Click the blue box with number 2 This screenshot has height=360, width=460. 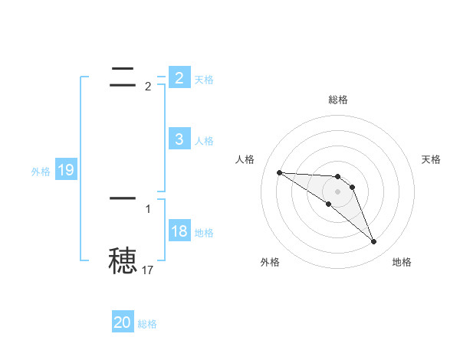point(179,77)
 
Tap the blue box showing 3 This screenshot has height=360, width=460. point(179,139)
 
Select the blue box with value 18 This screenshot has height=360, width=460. point(179,231)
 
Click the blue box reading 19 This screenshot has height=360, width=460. point(66,169)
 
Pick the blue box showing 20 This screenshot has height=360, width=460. point(123,322)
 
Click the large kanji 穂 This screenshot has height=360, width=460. point(123,260)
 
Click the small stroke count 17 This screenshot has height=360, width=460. point(148,270)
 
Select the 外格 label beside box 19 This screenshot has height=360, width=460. point(41,172)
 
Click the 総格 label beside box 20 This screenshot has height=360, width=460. point(147,324)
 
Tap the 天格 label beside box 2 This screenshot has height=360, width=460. point(204,80)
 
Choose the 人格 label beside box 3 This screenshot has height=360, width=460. point(204,141)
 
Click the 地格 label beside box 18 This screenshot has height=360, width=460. point(204,233)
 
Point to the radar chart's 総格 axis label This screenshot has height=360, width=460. point(338,100)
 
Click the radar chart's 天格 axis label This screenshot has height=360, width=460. point(432,159)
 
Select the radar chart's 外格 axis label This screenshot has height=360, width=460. point(270,262)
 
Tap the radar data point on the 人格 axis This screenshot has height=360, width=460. point(279,172)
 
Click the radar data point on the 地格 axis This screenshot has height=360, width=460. point(374,242)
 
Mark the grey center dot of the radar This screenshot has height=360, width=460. point(338,191)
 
